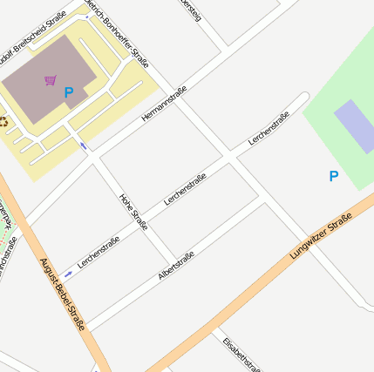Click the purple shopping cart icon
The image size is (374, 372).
51,80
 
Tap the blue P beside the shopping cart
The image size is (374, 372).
69,91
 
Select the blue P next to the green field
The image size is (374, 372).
333,176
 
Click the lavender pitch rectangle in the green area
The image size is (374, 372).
356,126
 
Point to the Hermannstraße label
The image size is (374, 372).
164,103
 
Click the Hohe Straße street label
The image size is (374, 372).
133,212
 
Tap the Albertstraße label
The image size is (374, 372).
176,266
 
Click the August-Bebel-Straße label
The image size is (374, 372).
63,294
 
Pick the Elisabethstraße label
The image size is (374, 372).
241,354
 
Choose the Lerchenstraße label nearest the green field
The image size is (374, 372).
269,129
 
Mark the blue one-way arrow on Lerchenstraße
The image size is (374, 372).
68,274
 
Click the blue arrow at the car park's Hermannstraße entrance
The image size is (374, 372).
84,145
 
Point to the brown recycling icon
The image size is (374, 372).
3,122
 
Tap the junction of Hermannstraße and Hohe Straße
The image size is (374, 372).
99,159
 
